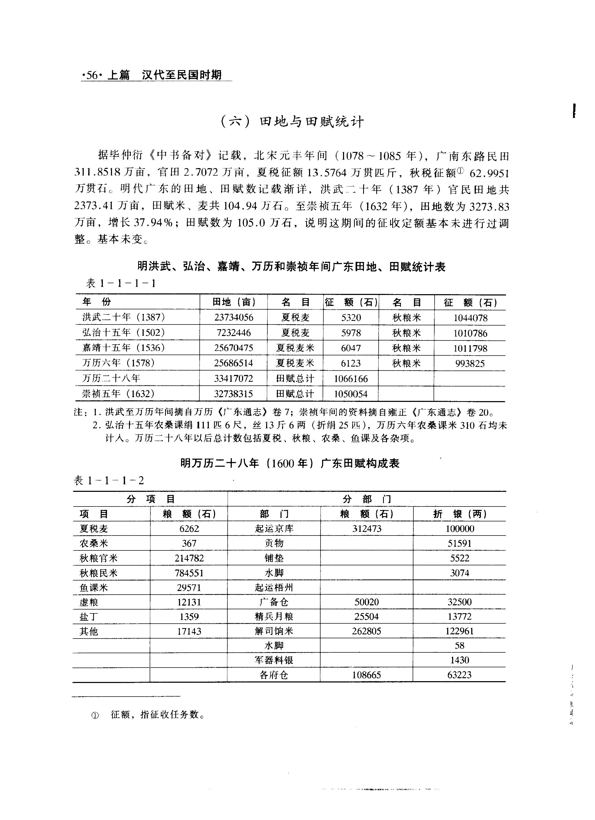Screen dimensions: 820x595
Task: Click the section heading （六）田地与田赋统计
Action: pyautogui.click(x=292, y=122)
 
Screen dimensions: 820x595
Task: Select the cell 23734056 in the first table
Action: pyautogui.click(x=234, y=317)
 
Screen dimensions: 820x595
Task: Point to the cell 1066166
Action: pyautogui.click(x=351, y=379)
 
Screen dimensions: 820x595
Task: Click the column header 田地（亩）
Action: pyautogui.click(x=234, y=302)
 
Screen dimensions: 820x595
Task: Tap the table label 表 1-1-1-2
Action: pyautogui.click(x=109, y=481)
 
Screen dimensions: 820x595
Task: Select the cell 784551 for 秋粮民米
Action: pyautogui.click(x=189, y=573)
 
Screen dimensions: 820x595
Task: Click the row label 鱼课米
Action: pyautogui.click(x=94, y=588)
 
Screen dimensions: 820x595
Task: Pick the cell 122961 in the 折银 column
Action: pyautogui.click(x=459, y=631)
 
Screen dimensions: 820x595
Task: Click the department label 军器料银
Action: pyautogui.click(x=274, y=660)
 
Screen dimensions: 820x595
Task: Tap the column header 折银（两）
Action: pyautogui.click(x=459, y=514)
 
